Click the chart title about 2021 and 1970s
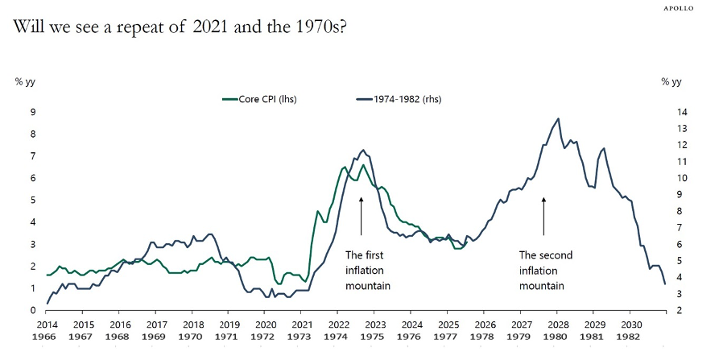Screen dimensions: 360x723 click(x=180, y=27)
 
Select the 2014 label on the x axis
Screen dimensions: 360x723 click(x=47, y=323)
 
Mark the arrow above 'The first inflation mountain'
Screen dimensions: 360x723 click(x=361, y=215)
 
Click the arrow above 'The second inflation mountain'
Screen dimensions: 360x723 click(x=543, y=215)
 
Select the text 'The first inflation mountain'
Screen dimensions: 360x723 click(x=367, y=271)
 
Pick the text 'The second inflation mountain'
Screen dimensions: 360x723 click(x=546, y=271)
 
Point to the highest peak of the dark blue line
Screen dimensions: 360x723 click(x=558, y=118)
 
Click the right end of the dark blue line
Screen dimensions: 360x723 click(x=665, y=283)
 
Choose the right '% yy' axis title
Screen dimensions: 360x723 click(x=671, y=81)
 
